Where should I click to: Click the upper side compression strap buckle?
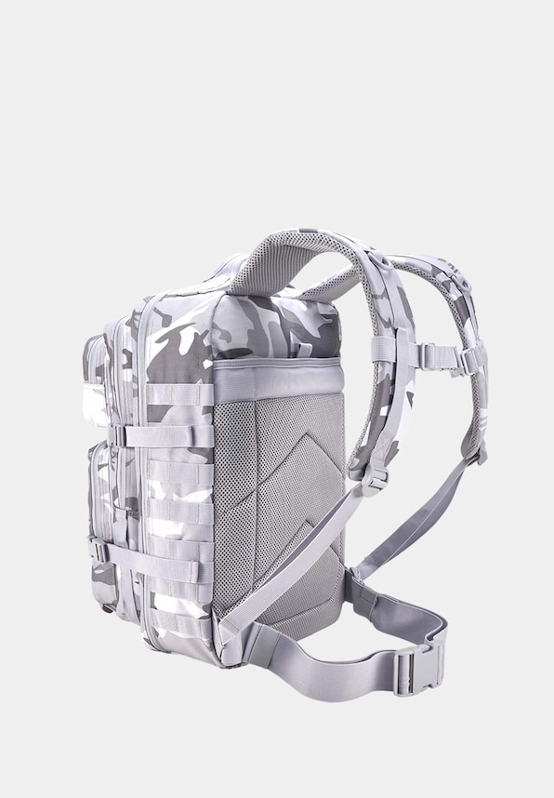tap(119, 434)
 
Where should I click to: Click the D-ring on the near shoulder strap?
tap(375, 479)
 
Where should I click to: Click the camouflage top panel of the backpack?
tap(270, 326)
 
